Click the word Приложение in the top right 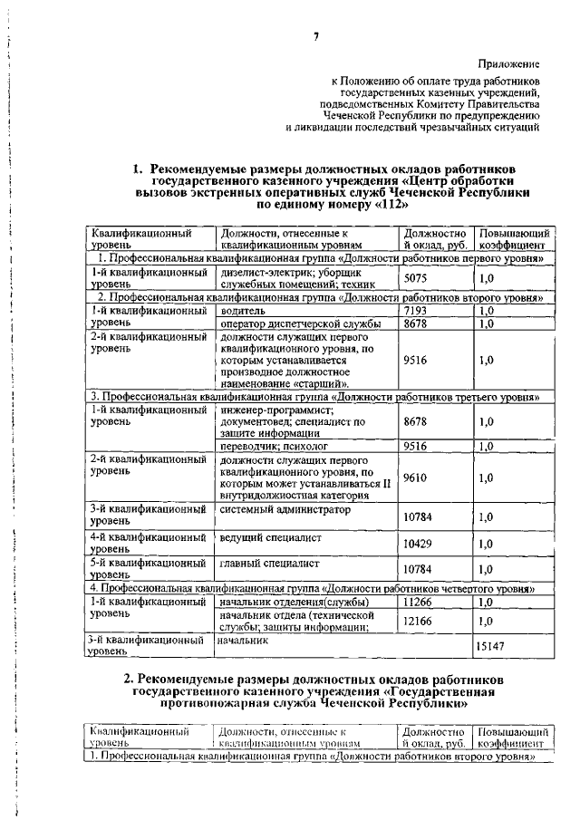510,64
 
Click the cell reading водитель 243,310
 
